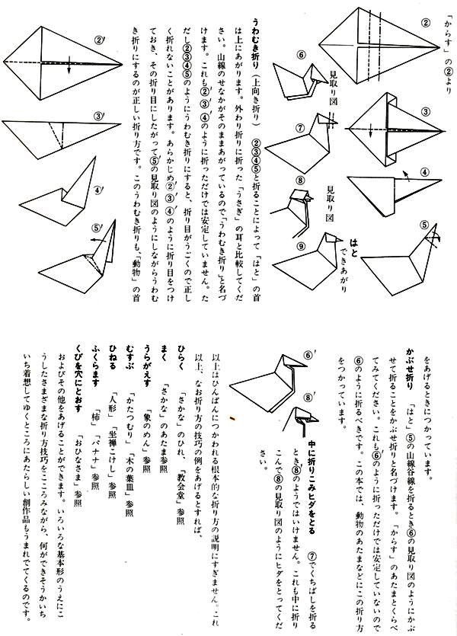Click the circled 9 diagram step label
pyautogui.click(x=280, y=246)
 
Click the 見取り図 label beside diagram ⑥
pyautogui.click(x=334, y=81)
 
